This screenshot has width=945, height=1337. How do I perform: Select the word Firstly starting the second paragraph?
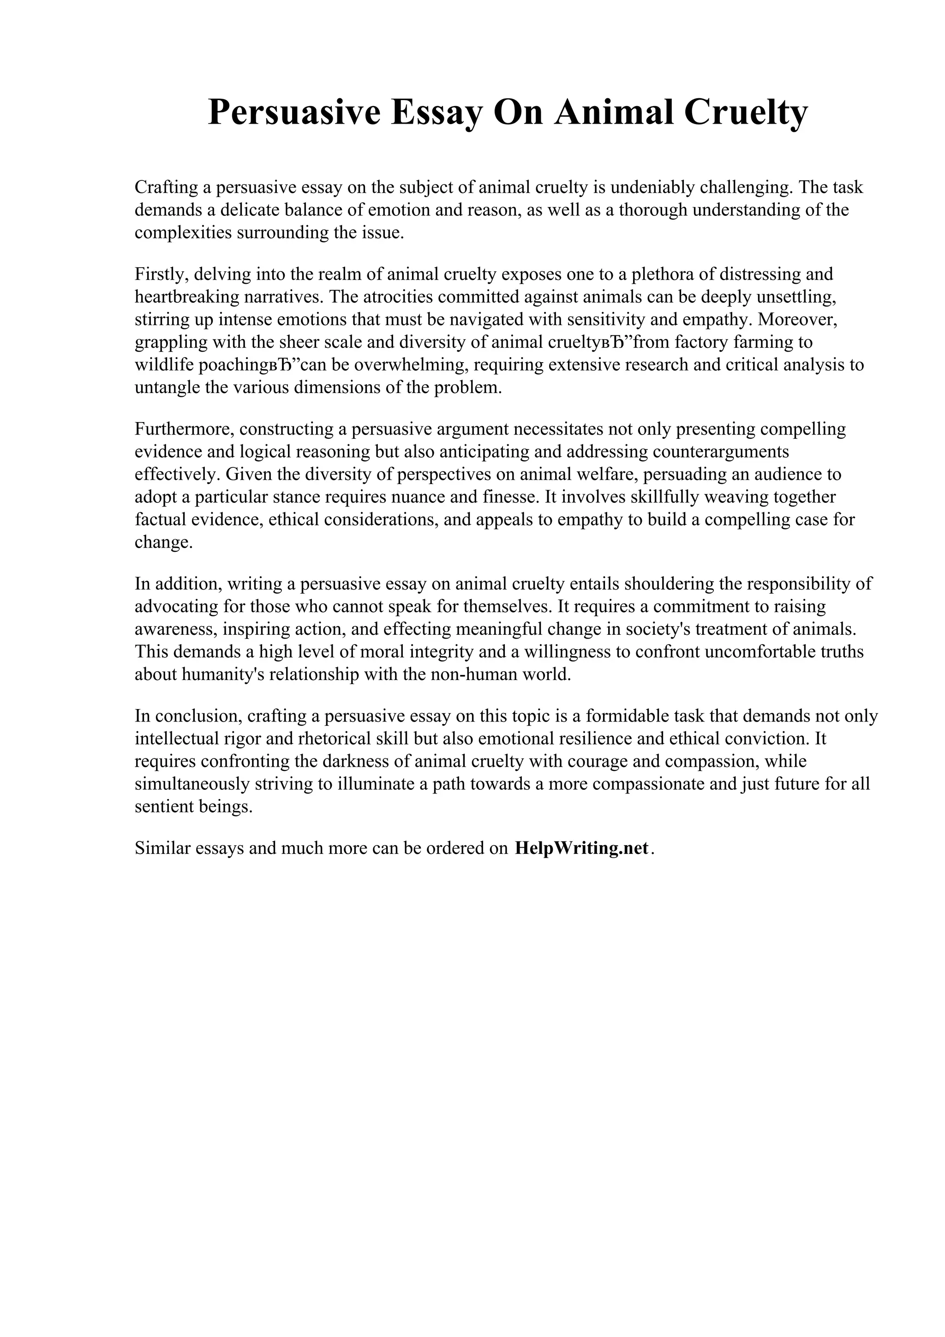[158, 274]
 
